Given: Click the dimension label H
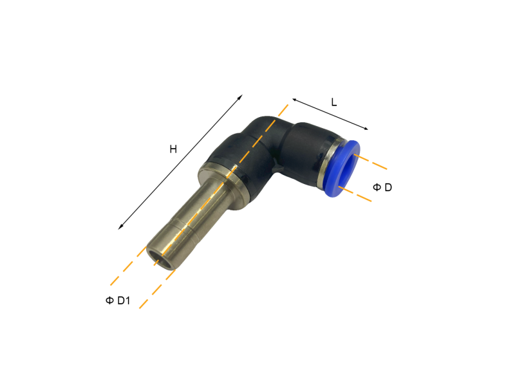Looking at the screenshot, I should pos(173,149).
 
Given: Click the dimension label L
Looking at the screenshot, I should pos(333,102).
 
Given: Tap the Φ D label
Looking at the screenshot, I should pos(382,187).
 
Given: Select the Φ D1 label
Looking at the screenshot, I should pos(118,300).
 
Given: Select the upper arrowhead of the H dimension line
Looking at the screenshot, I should pos(241,96).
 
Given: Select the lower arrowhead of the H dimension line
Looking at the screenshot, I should pos(121,227).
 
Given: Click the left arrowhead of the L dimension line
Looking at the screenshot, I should pos(294,100).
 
